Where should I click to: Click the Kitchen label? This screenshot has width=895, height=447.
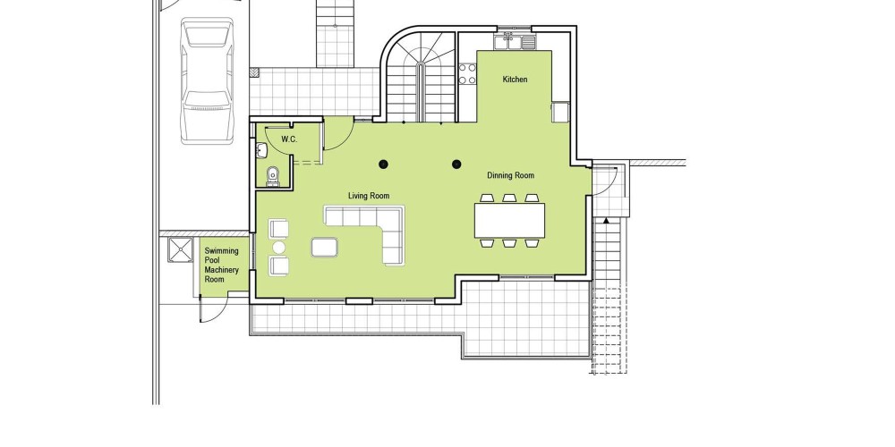[515, 80]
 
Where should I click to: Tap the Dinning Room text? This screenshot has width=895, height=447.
[511, 175]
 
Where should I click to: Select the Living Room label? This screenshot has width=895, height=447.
[369, 196]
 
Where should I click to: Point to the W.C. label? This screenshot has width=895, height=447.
[289, 139]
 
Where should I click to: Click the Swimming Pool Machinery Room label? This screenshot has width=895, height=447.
[222, 266]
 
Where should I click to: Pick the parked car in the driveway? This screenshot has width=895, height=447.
[208, 80]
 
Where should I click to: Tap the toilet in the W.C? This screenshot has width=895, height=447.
[273, 176]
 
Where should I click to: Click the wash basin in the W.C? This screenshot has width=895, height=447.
[261, 150]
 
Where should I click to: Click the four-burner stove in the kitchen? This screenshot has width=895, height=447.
[467, 74]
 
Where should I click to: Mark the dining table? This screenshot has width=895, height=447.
[509, 220]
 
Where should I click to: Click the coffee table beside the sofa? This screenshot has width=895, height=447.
[325, 247]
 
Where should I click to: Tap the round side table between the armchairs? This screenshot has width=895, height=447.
[279, 247]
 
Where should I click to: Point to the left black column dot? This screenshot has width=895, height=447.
[384, 164]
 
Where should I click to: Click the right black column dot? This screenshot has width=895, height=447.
[456, 164]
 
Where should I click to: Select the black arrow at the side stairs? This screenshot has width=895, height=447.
[606, 220]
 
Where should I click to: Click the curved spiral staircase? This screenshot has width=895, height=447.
[420, 77]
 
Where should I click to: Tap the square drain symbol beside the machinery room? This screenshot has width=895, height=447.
[181, 249]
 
